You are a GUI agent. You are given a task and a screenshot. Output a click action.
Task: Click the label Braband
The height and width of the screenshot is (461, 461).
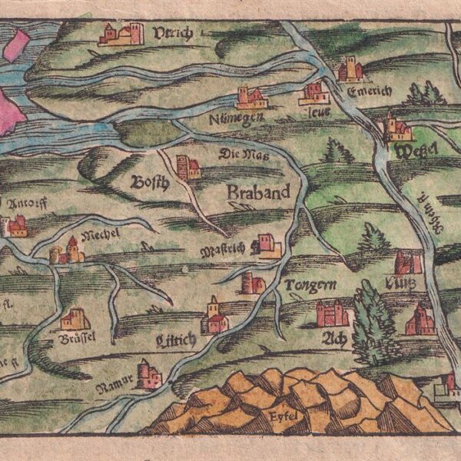(259, 192)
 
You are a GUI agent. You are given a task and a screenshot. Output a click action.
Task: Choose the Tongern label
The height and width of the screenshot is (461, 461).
(310, 287)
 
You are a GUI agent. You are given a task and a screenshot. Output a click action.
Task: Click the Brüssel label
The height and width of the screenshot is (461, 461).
(74, 338)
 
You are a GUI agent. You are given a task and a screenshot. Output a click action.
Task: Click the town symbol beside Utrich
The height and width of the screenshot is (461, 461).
(121, 34)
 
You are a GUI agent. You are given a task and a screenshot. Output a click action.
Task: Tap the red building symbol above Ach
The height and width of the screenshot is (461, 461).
(332, 312)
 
